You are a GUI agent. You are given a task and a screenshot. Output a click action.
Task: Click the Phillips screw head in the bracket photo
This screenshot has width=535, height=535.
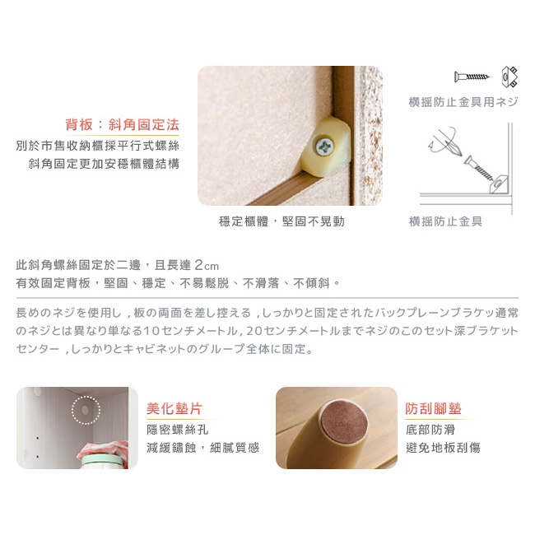pyautogui.click(x=323, y=147)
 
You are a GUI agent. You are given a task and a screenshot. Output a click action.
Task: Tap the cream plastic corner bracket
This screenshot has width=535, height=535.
pyautogui.click(x=326, y=147)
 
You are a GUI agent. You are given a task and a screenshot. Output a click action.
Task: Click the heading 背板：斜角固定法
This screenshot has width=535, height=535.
pyautogui.click(x=122, y=124)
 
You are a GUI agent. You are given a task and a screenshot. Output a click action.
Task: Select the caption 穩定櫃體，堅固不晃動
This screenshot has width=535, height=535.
pyautogui.click(x=281, y=221)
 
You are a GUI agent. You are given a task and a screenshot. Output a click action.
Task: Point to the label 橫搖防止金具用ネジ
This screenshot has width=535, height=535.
pyautogui.click(x=463, y=102)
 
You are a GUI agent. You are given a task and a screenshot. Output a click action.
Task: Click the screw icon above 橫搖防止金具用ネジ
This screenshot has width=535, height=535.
pyautogui.click(x=471, y=77)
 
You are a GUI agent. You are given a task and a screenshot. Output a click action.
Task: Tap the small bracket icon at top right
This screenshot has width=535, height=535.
pyautogui.click(x=509, y=77)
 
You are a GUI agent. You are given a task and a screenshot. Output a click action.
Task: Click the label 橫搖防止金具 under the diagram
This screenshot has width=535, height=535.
pyautogui.click(x=445, y=221)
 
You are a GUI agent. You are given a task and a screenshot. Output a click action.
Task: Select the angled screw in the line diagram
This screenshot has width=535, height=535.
pyautogui.click(x=478, y=168)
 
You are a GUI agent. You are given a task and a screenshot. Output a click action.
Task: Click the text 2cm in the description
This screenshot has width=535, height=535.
pyautogui.click(x=207, y=265)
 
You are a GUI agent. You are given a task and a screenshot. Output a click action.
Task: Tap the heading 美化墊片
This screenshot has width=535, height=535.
pyautogui.click(x=174, y=408)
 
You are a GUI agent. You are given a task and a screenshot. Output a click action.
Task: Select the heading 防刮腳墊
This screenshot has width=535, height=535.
pyautogui.click(x=433, y=408)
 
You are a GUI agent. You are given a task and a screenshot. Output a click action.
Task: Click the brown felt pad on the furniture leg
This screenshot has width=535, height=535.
pyautogui.click(x=345, y=421)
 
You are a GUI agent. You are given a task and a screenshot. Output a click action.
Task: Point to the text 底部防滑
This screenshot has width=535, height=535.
pyautogui.click(x=430, y=430)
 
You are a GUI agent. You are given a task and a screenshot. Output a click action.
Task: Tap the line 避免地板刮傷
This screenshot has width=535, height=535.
pyautogui.click(x=443, y=447)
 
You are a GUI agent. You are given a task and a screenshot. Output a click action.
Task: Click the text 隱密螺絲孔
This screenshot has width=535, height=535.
pyautogui.click(x=178, y=430)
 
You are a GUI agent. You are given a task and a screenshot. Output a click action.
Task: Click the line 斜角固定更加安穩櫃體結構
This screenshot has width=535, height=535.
pyautogui.click(x=104, y=164)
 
